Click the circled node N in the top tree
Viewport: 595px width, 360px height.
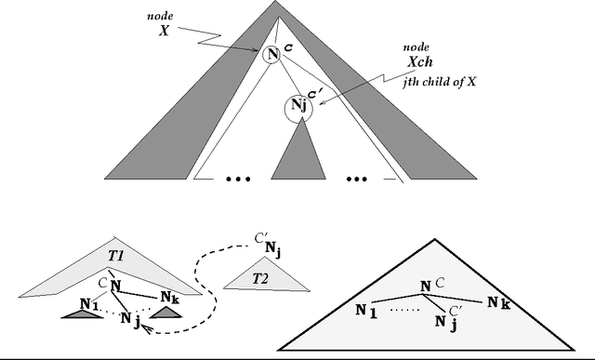(x=271, y=55)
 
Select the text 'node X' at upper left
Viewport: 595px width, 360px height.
(x=164, y=23)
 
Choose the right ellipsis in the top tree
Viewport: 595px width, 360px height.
(x=356, y=175)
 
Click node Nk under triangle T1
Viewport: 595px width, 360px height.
(x=168, y=298)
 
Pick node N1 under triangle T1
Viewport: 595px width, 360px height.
(x=89, y=303)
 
